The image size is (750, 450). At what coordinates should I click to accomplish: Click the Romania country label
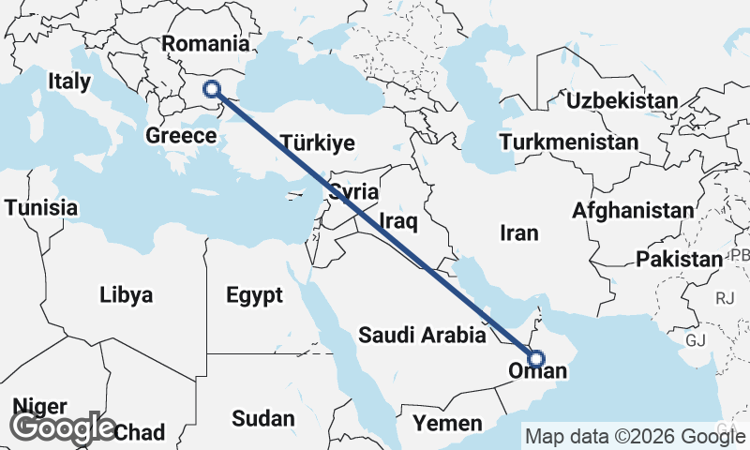pos(205,44)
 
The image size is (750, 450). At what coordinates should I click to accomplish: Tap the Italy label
pos(69,82)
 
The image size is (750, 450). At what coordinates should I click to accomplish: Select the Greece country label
pos(182,136)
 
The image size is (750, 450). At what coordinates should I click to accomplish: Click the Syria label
pos(353,192)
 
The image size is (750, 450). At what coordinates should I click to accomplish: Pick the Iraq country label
pos(397,222)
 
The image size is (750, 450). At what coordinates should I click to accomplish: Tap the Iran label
pos(520,232)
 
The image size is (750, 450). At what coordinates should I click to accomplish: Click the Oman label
pos(536,372)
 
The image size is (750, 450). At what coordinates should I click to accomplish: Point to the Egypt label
pos(254,296)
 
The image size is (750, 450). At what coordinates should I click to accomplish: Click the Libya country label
pos(126,296)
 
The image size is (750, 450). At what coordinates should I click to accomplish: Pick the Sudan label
pos(262,418)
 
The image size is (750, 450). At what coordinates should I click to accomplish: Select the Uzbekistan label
pos(622,100)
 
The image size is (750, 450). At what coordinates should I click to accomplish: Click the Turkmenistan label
pos(569,142)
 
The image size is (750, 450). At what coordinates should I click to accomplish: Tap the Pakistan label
pos(679,259)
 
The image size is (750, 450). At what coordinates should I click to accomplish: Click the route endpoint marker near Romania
pos(212,90)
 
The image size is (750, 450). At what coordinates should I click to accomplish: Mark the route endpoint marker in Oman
pos(535,357)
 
